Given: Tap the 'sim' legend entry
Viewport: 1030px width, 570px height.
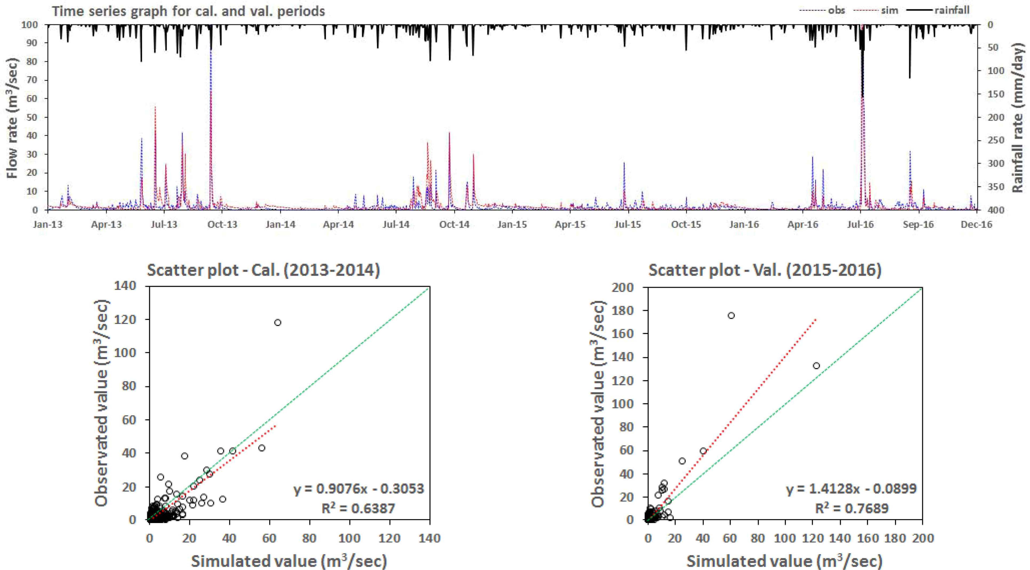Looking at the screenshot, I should point(890,10).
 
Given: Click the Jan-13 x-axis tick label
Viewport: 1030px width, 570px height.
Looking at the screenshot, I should point(48,224).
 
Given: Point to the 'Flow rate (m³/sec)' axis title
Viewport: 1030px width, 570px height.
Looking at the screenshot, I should point(12,118).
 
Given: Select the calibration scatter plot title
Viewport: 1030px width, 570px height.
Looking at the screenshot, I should point(263,270).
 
